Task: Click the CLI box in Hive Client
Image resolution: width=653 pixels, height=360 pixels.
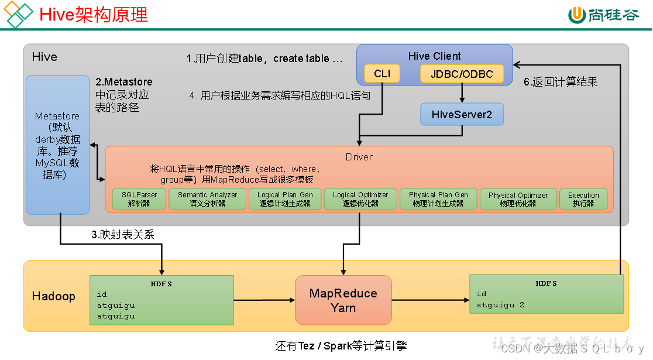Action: pyautogui.click(x=382, y=74)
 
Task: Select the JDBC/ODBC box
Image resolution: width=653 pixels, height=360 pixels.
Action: pyautogui.click(x=462, y=74)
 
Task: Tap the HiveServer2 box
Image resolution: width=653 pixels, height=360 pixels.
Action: pyautogui.click(x=462, y=114)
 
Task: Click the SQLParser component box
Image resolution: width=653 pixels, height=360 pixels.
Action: pyautogui.click(x=139, y=200)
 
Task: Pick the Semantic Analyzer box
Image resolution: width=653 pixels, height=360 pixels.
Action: pyautogui.click(x=208, y=200)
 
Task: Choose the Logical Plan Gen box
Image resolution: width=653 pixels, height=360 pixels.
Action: pyautogui.click(x=285, y=200)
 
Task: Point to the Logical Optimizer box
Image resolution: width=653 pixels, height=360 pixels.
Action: pyautogui.click(x=360, y=200)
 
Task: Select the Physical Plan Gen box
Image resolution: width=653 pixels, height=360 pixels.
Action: pyautogui.click(x=438, y=200)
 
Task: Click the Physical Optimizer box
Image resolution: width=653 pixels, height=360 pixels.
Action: pyautogui.click(x=518, y=200)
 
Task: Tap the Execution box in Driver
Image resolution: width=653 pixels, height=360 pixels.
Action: pyautogui.click(x=583, y=200)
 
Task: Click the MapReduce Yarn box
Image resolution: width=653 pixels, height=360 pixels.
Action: pyautogui.click(x=343, y=300)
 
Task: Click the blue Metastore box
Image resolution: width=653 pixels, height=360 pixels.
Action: pyautogui.click(x=57, y=144)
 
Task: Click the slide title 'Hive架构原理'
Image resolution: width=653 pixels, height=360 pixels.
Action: pyautogui.click(x=94, y=15)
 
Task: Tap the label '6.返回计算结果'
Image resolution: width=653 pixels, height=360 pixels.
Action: pyautogui.click(x=560, y=82)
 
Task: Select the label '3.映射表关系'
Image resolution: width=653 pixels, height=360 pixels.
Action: pyautogui.click(x=122, y=235)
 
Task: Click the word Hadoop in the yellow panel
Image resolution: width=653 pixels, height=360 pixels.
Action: pyautogui.click(x=53, y=296)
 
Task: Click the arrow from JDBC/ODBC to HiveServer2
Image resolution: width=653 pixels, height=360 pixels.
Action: pyautogui.click(x=462, y=92)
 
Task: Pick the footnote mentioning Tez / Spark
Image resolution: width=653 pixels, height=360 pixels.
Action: pyautogui.click(x=341, y=346)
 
